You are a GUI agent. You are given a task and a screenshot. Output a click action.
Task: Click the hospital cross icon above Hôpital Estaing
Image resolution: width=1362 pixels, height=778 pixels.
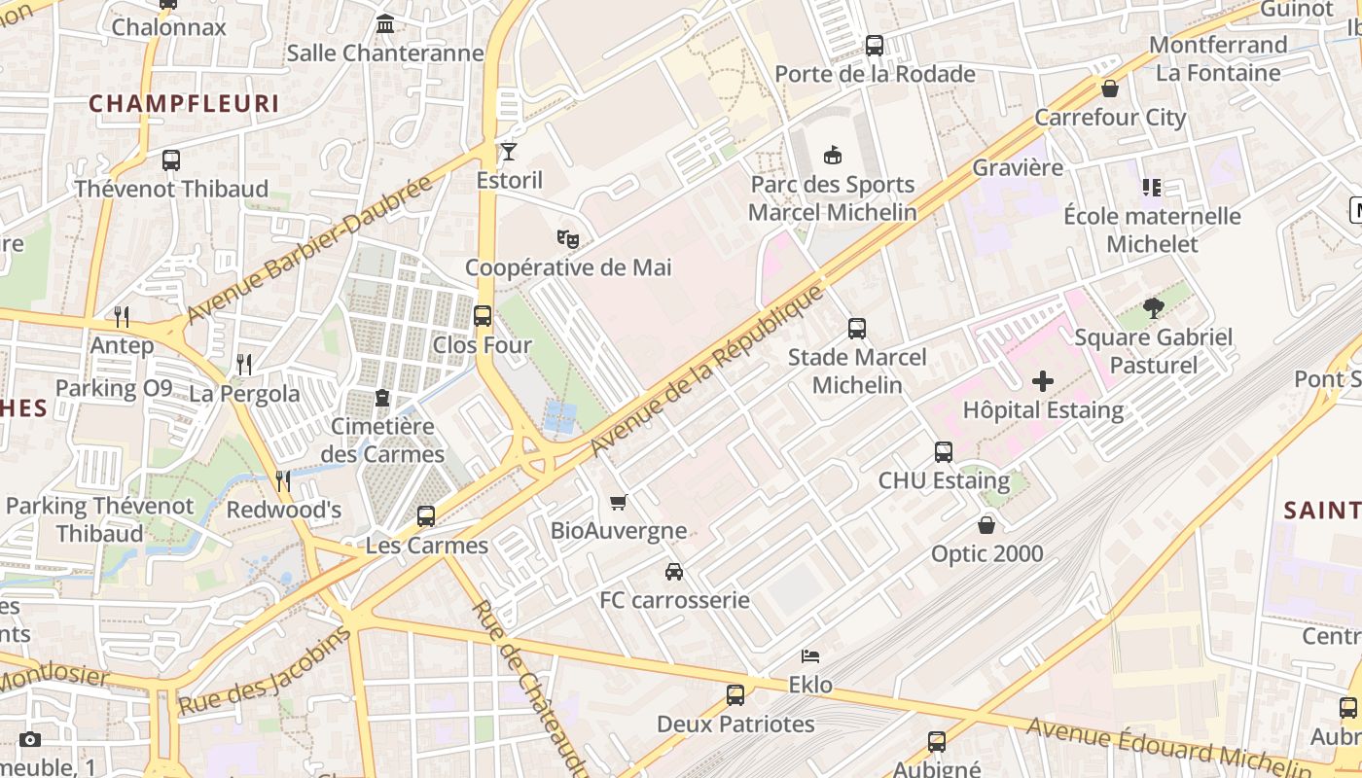pyautogui.click(x=1042, y=381)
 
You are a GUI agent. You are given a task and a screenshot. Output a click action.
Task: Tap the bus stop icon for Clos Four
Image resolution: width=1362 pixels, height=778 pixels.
pyautogui.click(x=482, y=316)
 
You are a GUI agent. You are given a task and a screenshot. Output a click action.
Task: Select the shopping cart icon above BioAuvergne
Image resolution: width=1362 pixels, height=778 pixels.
pyautogui.click(x=618, y=503)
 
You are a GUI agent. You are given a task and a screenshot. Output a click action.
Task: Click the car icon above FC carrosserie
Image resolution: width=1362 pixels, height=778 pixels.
pyautogui.click(x=673, y=572)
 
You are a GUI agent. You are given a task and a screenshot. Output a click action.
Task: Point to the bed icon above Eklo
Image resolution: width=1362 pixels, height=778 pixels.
pyautogui.click(x=809, y=656)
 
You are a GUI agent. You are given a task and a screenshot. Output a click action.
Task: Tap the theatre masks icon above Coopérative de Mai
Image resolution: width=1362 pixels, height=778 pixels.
pyautogui.click(x=568, y=238)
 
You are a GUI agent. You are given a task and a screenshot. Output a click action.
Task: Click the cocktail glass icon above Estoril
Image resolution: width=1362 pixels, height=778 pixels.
pyautogui.click(x=509, y=152)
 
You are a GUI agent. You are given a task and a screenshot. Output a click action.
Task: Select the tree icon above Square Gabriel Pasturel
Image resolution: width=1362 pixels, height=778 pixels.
pyautogui.click(x=1154, y=309)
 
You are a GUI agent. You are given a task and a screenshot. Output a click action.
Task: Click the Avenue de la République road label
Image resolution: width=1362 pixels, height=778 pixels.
pyautogui.click(x=707, y=371)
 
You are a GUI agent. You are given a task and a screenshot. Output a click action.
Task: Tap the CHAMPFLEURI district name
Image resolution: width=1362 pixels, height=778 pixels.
pyautogui.click(x=184, y=104)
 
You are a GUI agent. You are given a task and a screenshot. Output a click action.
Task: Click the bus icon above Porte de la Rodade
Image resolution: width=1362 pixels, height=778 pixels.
pyautogui.click(x=874, y=46)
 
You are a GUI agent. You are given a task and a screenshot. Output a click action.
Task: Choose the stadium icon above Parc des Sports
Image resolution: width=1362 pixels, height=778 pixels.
pyautogui.click(x=832, y=156)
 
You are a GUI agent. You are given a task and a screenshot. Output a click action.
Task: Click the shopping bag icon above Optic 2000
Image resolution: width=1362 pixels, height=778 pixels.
pyautogui.click(x=986, y=525)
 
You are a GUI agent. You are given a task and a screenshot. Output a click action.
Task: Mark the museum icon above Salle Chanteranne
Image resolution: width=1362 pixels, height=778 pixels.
pyautogui.click(x=385, y=23)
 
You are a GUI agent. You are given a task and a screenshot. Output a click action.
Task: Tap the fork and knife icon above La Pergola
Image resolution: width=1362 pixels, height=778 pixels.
pyautogui.click(x=244, y=365)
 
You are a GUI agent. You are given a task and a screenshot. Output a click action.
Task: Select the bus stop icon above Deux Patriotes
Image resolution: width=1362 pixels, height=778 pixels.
pyautogui.click(x=735, y=695)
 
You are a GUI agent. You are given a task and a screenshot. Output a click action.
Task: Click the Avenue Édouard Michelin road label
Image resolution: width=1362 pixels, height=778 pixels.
pyautogui.click(x=1167, y=744)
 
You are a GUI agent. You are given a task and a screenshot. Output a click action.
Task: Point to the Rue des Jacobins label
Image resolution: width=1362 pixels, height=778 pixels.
pyautogui.click(x=264, y=672)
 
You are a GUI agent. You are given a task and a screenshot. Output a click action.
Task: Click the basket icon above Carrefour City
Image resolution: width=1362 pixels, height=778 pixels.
pyautogui.click(x=1110, y=89)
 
